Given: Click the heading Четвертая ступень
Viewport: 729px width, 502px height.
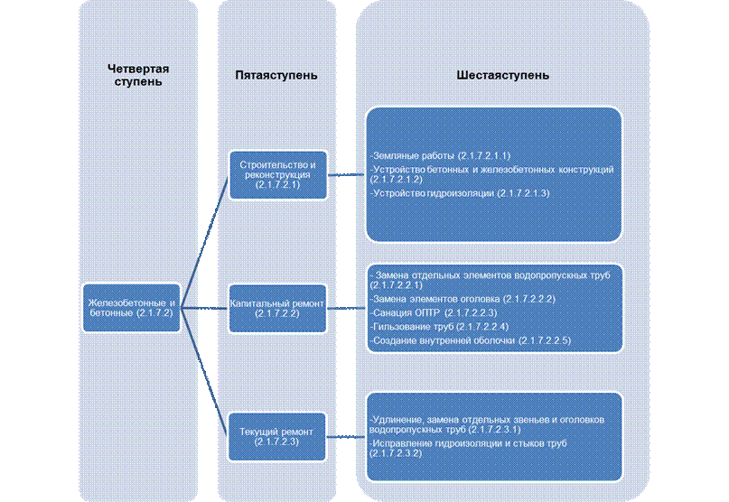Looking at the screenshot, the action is tap(138, 75).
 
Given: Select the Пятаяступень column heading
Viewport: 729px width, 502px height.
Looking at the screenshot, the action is tap(276, 75).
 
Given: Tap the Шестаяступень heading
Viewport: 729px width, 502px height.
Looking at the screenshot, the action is tap(502, 75).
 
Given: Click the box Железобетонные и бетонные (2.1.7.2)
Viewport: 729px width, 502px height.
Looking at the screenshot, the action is tap(132, 308).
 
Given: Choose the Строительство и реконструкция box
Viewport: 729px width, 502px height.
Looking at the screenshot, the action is tap(278, 175).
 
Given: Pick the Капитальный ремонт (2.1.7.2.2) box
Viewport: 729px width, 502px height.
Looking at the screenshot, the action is tap(277, 308).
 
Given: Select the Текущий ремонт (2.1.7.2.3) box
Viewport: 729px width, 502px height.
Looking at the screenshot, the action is tap(276, 436).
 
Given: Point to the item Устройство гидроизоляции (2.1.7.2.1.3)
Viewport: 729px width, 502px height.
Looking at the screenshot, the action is tap(460, 193).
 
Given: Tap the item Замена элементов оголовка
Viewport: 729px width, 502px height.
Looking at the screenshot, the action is tap(463, 299).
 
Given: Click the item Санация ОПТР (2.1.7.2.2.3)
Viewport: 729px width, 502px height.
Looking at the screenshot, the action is tap(434, 312).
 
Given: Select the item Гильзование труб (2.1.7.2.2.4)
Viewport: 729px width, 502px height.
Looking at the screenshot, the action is tap(439, 327).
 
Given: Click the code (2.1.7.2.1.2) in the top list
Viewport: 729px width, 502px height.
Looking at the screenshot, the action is tap(397, 180).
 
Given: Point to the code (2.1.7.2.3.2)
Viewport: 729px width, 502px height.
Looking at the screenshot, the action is tap(396, 453).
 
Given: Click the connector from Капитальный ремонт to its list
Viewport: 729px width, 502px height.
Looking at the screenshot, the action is tap(346, 308).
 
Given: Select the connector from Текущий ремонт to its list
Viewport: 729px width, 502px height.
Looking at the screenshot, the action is tap(346, 437).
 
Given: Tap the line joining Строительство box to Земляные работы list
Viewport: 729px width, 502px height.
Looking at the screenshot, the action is tap(347, 175).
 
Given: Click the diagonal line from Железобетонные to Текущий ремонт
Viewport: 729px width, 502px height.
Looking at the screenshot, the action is tap(204, 372).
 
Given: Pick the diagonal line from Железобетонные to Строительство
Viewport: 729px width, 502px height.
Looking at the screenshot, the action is tap(204, 241).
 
